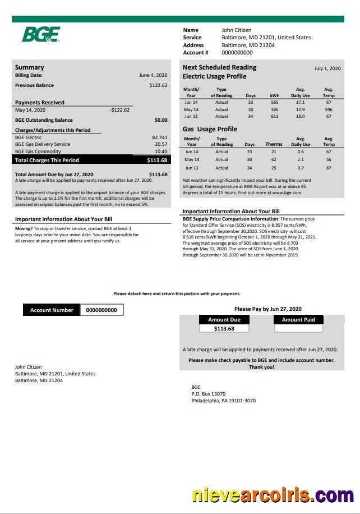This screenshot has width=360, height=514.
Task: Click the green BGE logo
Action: point(40,34)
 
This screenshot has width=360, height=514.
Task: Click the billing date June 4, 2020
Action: point(153,75)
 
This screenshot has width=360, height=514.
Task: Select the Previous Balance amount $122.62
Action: point(158,85)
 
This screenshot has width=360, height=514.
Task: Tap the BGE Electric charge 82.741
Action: point(159,137)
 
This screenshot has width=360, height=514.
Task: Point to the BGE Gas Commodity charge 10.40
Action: point(161,152)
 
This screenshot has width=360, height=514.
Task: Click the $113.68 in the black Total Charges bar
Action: point(157,160)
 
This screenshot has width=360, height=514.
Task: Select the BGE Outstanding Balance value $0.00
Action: point(161,120)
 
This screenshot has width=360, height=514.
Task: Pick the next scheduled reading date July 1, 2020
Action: point(327,68)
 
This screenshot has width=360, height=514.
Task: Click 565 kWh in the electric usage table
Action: point(274,103)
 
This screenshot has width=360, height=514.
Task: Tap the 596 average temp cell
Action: point(329,110)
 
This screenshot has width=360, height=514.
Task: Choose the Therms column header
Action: point(274,144)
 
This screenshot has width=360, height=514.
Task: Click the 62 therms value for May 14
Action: point(274,160)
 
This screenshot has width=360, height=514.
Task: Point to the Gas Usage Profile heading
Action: point(210,129)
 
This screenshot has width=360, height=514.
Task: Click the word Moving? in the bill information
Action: point(24,229)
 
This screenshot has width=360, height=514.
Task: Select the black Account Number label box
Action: point(52,310)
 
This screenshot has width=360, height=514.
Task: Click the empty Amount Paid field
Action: point(298,329)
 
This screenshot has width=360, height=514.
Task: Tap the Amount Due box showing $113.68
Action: point(224,329)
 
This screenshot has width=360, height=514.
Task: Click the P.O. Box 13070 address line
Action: point(208,394)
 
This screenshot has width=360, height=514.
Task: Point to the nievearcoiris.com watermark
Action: point(273,496)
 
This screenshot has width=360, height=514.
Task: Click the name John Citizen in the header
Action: point(237,30)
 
